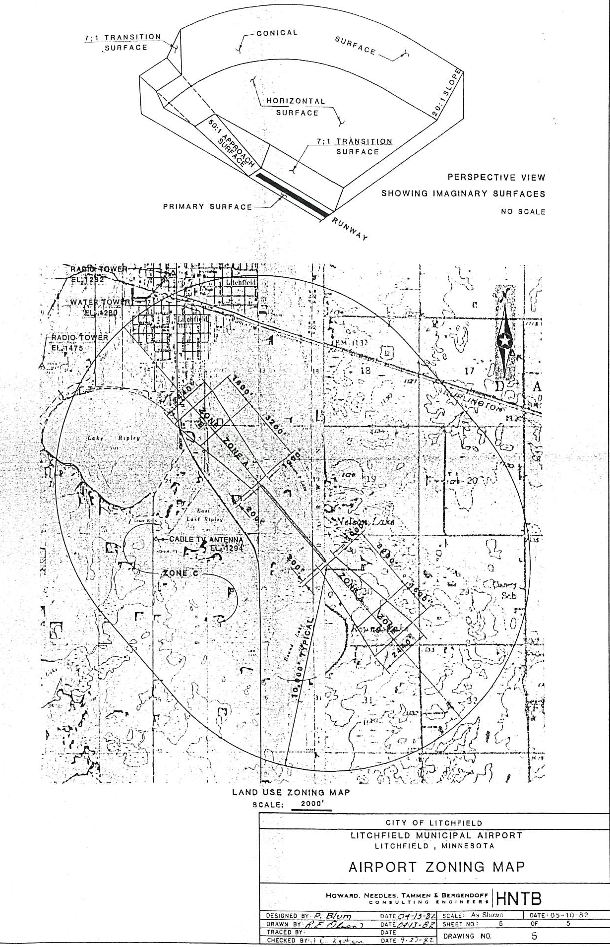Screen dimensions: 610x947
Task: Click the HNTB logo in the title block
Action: [x=519, y=898]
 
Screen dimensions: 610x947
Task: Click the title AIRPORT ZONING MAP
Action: [x=436, y=867]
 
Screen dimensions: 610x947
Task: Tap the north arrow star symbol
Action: [x=505, y=341]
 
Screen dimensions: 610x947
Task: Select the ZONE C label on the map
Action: [x=181, y=573]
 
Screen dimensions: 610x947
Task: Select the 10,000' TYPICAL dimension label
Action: [x=303, y=659]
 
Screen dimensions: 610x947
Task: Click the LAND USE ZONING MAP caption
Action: [x=291, y=792]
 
